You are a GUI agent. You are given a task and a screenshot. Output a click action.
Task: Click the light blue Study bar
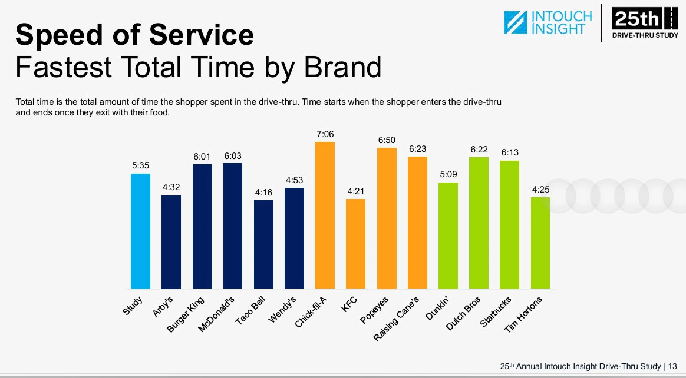pos(141,231)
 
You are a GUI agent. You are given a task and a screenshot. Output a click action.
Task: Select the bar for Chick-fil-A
pos(325,215)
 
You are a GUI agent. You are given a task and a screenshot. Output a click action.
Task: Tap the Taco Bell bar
pos(263,244)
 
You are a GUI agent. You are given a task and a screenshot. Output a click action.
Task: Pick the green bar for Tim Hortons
pos(540,243)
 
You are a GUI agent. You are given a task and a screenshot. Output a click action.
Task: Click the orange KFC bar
pos(355,244)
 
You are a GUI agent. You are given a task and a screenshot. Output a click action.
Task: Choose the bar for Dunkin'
pos(448,236)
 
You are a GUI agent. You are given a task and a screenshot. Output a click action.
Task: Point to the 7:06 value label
pos(325,134)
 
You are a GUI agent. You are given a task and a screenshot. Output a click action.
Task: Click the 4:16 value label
pos(263,193)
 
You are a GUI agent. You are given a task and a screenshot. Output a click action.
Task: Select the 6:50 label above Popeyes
pos(387,140)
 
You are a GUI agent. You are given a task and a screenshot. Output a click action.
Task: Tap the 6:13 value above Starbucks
pos(509,152)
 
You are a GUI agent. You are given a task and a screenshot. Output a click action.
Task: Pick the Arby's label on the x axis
pos(162,306)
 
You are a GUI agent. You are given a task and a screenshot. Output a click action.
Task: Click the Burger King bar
pos(202,226)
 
